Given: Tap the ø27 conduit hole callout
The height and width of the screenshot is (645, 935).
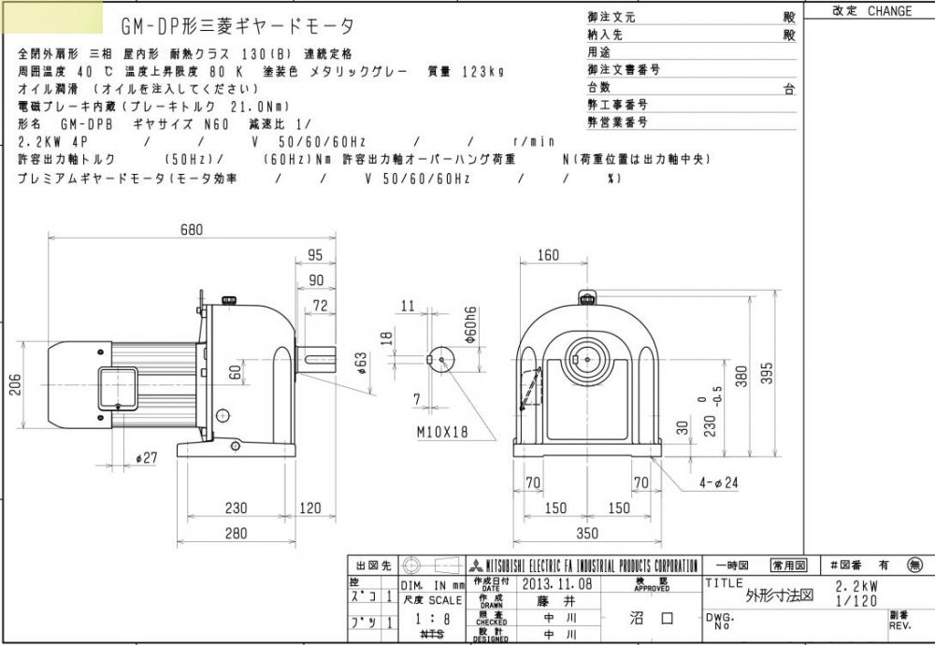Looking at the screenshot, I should point(147,458).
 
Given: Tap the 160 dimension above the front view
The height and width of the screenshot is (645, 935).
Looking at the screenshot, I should point(549,256).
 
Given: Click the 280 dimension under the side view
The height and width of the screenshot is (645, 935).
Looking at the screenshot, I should point(237,534).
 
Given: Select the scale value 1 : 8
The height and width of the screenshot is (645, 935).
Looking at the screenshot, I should point(430,618).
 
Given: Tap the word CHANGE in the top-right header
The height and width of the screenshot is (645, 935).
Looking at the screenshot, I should point(889,11).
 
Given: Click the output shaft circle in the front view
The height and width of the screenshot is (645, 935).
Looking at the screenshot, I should point(586,358).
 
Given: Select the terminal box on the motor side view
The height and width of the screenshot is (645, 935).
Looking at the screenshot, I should point(115,383).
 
